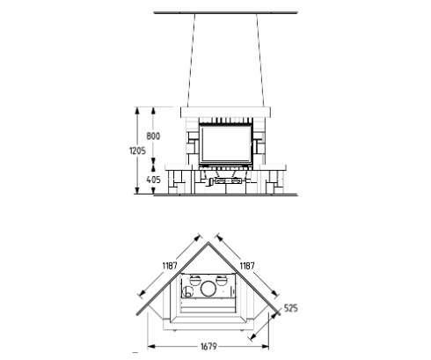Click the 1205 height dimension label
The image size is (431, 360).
point(137,151)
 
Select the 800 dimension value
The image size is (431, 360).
point(153,136)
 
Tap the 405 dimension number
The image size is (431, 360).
point(153,180)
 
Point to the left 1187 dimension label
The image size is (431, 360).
point(170,266)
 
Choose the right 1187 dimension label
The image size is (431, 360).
point(247,266)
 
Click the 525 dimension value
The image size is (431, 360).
point(290,308)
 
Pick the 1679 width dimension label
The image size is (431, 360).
point(208,347)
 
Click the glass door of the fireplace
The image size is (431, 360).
point(226,144)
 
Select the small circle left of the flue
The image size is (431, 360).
point(187,291)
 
